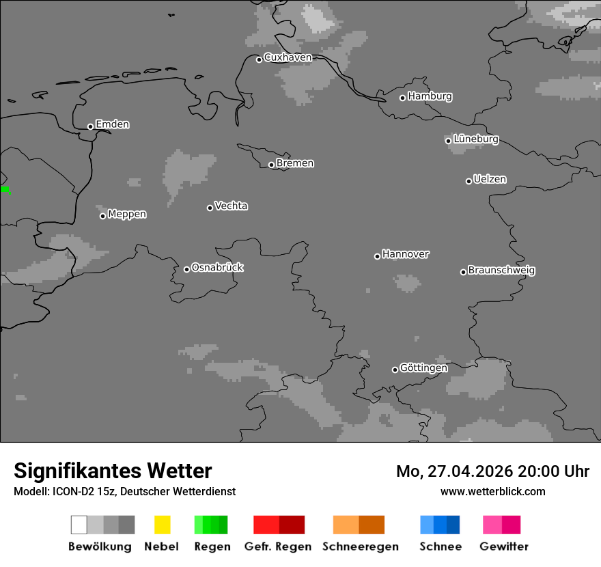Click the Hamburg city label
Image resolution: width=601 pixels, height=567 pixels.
pos(430,96)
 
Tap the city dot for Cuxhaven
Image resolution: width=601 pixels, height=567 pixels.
pos(259,59)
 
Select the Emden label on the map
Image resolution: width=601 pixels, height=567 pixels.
pos(112,124)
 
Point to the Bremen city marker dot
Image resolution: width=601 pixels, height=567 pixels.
pos(271,165)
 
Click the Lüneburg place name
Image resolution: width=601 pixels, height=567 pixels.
pos(475,139)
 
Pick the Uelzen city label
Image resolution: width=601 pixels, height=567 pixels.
pos(490,179)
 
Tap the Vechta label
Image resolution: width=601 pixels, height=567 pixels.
pos(231,206)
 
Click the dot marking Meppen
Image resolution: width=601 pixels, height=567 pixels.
pos(102,216)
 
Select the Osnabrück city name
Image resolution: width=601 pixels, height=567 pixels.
pos(217,267)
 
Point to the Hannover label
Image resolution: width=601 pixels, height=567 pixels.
pos(405,254)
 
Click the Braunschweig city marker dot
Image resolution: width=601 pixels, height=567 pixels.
pos(463,272)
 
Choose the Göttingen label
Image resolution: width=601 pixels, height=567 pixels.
pos(423,368)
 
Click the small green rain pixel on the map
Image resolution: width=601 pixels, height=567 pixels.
pos(5,189)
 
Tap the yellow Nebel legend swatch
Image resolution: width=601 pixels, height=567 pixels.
pos(162,525)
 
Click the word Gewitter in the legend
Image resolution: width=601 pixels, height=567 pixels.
pos(504,547)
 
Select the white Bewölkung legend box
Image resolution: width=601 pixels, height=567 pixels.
pos(79,525)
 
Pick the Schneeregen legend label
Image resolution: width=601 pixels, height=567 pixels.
pos(360,547)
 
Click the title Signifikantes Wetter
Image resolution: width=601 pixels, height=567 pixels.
pos(113,471)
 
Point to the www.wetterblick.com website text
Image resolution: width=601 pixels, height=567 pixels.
pos(492,491)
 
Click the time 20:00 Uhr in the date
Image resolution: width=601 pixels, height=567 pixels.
pos(553,471)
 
